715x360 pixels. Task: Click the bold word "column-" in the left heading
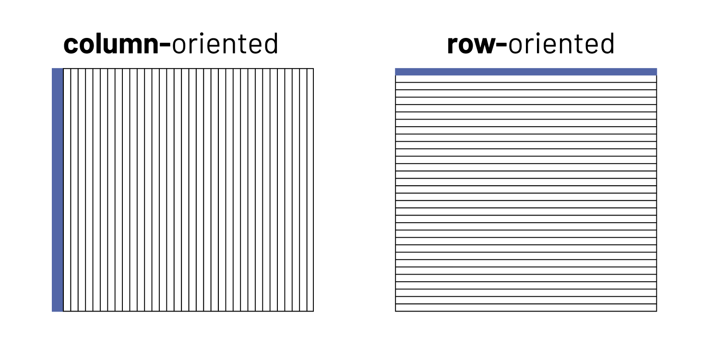tap(117, 44)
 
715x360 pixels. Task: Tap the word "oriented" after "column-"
tap(225, 44)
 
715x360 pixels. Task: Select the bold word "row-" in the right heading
tap(477, 44)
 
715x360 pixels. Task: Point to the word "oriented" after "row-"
tap(561, 44)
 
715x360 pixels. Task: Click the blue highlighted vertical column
tap(58, 190)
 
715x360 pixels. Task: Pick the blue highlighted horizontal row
tap(526, 72)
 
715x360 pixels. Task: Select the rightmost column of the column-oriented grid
tap(310, 190)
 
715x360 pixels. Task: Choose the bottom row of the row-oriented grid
tap(526, 308)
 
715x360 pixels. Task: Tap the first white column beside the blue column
tap(67, 190)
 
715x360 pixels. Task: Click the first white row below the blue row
tap(526, 79)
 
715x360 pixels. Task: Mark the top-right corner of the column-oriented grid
tap(313, 69)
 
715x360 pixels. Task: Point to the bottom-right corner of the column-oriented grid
tap(313, 311)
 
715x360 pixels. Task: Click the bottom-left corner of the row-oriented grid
tap(395, 311)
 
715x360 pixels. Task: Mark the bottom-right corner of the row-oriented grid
tap(656, 311)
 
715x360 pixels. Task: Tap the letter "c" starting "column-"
tap(70, 46)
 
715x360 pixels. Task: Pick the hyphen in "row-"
tap(501, 46)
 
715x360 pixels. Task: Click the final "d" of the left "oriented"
tap(271, 44)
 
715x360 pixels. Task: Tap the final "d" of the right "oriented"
tap(607, 44)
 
